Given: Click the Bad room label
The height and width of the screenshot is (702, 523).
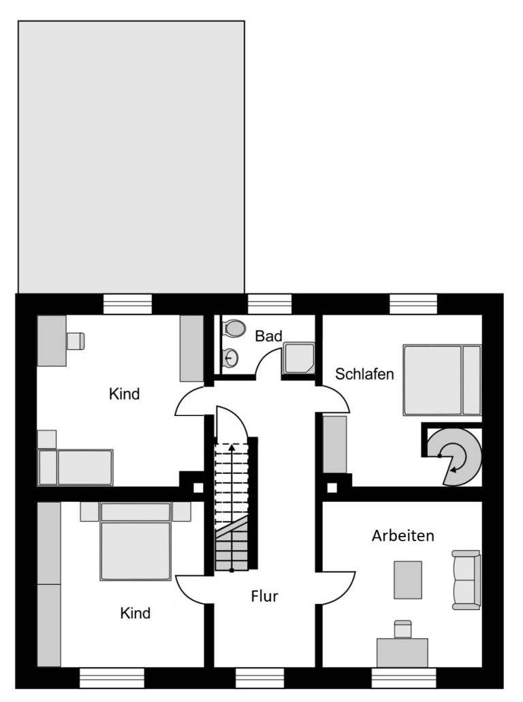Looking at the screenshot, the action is tap(269, 336).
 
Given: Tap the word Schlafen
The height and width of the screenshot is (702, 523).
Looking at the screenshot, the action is tap(364, 374).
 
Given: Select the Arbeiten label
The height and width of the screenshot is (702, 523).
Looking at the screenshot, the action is tap(403, 535).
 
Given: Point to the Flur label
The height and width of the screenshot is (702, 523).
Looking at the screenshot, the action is tap(264, 596).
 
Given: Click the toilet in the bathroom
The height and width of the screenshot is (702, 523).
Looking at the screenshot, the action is tap(234, 328).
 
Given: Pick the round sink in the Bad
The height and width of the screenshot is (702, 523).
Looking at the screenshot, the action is tap(230, 357).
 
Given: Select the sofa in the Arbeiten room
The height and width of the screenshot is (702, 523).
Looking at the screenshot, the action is tap(466, 579).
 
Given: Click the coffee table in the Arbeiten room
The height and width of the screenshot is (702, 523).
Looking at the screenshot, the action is tap(408, 579).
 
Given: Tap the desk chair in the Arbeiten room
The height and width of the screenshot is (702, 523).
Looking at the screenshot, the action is tap(402, 629).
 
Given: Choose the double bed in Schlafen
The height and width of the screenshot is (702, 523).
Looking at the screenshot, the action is tap(442, 380).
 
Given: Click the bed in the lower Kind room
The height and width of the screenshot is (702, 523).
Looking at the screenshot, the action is tap(136, 541).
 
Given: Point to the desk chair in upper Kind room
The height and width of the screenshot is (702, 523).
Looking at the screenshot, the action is tap(75, 341).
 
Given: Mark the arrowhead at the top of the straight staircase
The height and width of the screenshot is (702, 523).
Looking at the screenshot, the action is tap(232, 447).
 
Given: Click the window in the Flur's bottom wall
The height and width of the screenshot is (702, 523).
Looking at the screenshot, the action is tap(259, 677).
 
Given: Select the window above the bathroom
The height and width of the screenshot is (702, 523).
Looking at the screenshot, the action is tap(270, 304).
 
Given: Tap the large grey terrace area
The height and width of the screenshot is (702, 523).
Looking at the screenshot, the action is tap(131, 157).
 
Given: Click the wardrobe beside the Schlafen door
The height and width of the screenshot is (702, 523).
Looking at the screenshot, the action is tap(335, 444).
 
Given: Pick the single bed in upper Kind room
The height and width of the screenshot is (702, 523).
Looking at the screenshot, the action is tap(75, 467).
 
